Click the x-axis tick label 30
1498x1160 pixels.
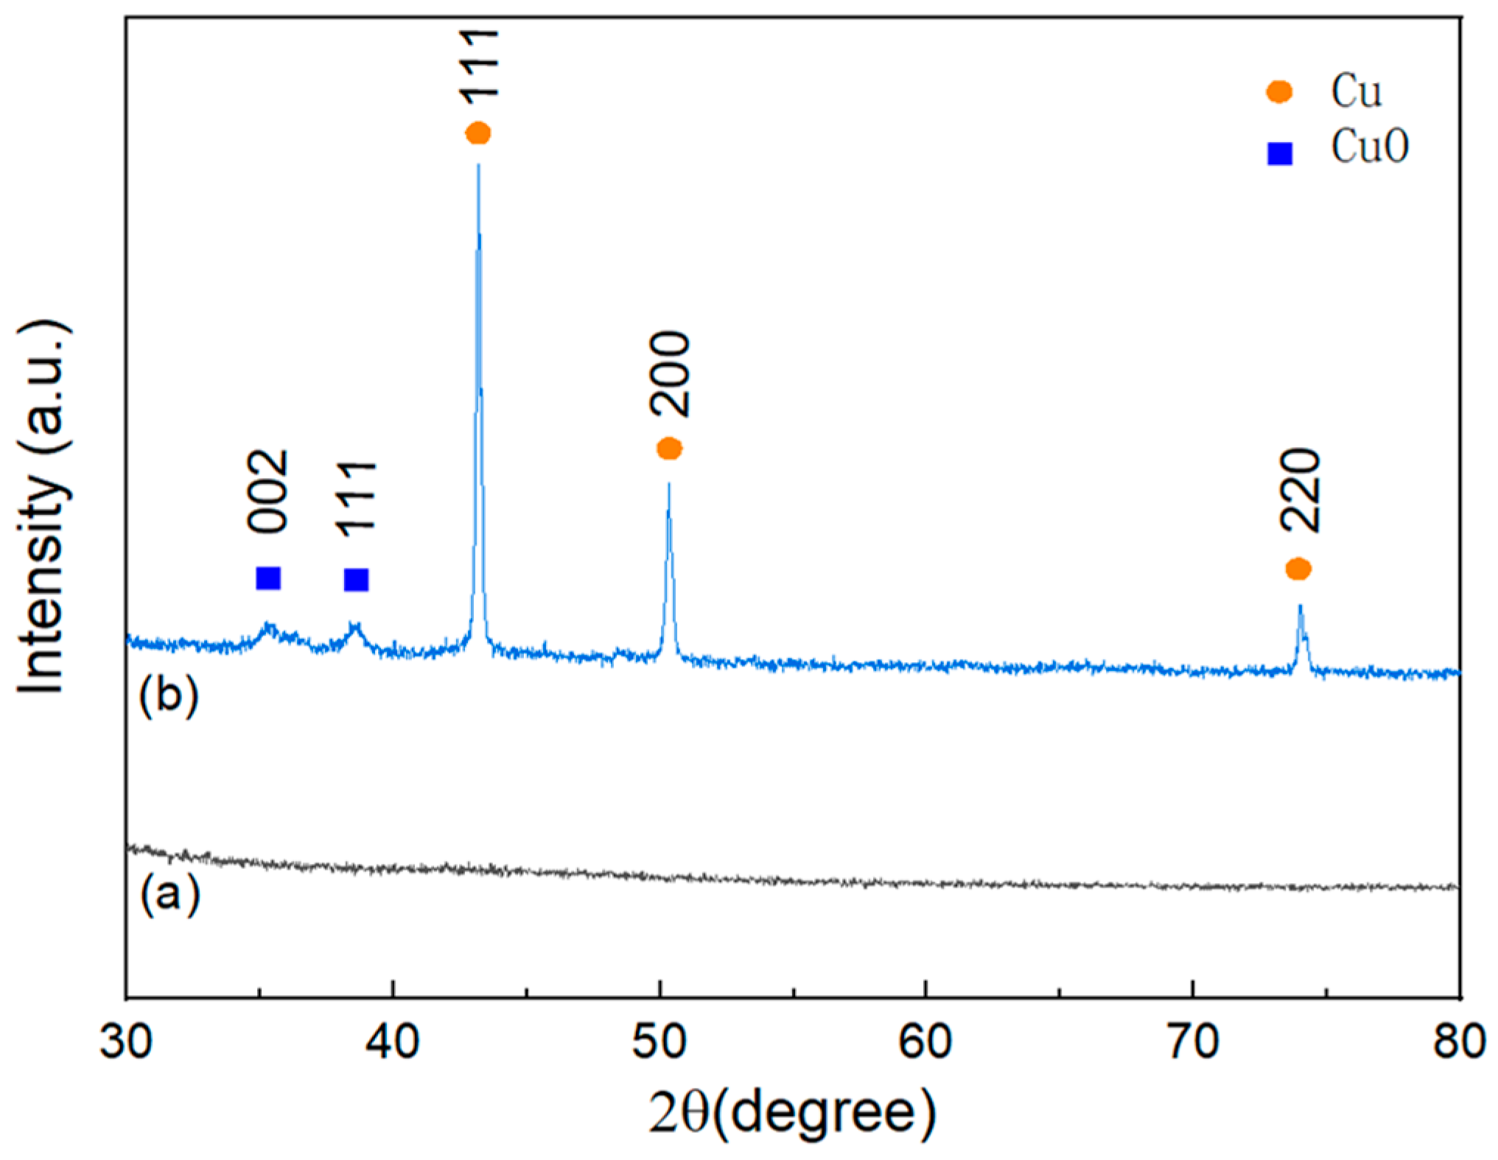click(127, 1042)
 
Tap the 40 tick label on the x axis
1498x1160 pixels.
click(393, 1042)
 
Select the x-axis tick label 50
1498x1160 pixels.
click(659, 1042)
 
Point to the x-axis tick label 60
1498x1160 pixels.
click(925, 1042)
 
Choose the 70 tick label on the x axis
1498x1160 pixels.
click(1193, 1042)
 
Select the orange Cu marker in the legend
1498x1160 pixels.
click(1279, 92)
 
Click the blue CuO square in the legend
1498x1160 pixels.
click(1280, 153)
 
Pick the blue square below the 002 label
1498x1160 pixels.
click(268, 578)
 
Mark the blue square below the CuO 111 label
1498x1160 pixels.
click(357, 580)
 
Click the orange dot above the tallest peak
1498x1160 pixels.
click(478, 133)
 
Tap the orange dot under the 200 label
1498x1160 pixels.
click(669, 448)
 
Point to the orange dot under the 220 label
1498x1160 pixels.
click(1298, 569)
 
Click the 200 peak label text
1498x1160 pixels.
click(670, 375)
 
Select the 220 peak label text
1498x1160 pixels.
click(1301, 490)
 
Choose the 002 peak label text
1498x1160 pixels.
click(267, 491)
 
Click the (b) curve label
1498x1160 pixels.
click(169, 695)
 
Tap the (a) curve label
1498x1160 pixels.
click(169, 894)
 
